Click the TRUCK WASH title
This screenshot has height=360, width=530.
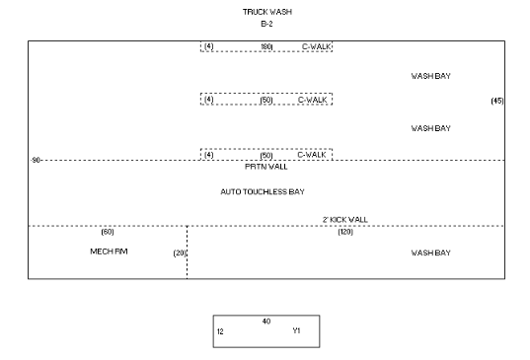click(x=267, y=12)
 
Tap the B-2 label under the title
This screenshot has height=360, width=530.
click(x=266, y=24)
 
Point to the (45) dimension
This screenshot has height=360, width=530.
click(x=497, y=101)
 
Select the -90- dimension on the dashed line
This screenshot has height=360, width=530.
click(x=36, y=160)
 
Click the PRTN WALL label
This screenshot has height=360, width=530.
click(x=266, y=167)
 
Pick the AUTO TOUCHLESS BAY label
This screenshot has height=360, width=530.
click(x=263, y=192)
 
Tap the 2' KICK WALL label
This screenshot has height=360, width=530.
click(x=345, y=220)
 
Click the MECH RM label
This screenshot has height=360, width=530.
click(x=109, y=252)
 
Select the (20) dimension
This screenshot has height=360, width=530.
click(x=180, y=253)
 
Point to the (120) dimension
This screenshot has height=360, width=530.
click(x=345, y=232)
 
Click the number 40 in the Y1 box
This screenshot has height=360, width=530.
click(x=266, y=322)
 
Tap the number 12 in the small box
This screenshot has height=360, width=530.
click(x=220, y=332)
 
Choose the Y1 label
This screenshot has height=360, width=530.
click(x=296, y=331)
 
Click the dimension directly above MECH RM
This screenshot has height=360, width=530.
click(x=108, y=232)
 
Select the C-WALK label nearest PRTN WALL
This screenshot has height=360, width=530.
click(x=312, y=155)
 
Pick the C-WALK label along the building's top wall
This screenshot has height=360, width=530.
click(x=316, y=47)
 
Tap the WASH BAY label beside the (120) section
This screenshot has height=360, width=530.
click(x=431, y=252)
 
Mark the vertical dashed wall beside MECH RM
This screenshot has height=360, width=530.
click(x=187, y=252)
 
